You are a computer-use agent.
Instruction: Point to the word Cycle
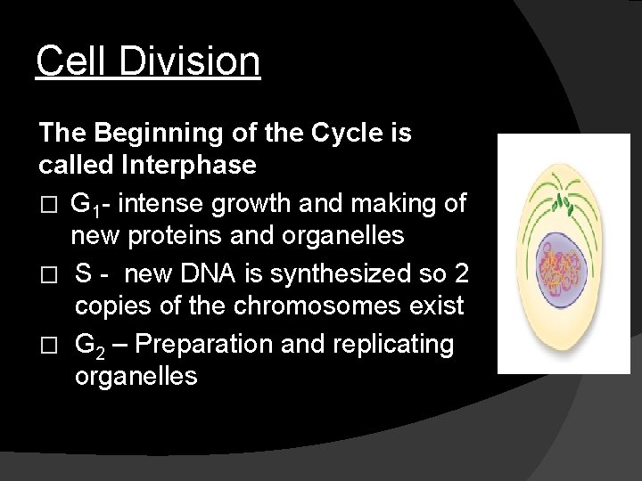pyautogui.click(x=346, y=134)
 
